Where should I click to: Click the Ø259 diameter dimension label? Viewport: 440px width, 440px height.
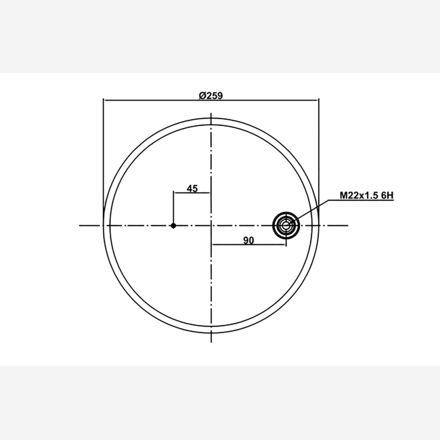coord(211,95)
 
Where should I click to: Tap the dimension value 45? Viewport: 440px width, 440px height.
coord(192,189)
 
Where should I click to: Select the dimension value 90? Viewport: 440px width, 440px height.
coord(248,240)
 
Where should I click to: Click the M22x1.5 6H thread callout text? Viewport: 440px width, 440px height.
coord(367,196)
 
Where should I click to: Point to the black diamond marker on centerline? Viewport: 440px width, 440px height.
coord(173,225)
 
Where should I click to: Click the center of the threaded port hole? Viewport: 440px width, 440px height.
coord(286,225)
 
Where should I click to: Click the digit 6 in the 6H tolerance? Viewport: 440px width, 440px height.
coord(384,196)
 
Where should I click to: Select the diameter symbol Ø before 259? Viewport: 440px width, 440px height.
coord(202,95)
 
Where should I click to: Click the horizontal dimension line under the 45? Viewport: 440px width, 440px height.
coord(192,193)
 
